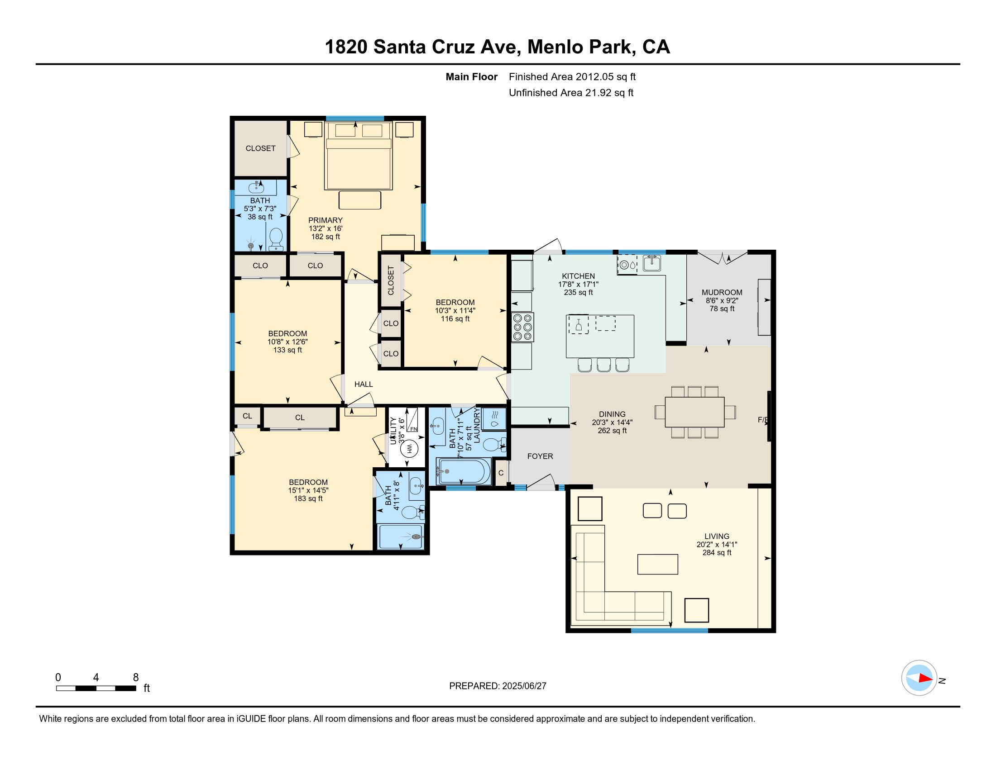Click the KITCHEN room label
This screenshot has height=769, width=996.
click(578, 276)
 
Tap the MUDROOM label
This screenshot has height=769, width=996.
click(722, 293)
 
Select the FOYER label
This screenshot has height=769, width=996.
click(540, 456)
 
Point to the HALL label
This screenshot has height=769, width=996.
click(364, 384)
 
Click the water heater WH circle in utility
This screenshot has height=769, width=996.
click(409, 449)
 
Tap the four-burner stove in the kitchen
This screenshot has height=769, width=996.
click(522, 327)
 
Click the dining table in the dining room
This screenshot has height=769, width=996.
click(694, 412)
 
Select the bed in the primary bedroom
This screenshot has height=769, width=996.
click(359, 156)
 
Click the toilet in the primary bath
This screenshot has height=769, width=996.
click(276, 240)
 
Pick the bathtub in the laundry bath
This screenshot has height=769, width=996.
click(463, 471)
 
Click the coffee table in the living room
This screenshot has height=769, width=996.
click(658, 564)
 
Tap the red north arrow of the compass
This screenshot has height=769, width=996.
click(925, 679)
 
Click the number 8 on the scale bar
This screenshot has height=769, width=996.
click(135, 678)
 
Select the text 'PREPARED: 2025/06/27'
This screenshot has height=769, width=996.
click(498, 686)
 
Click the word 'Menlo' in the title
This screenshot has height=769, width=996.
click(555, 47)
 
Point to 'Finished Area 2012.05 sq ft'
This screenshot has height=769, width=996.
click(572, 76)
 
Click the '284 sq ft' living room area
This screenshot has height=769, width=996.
click(717, 553)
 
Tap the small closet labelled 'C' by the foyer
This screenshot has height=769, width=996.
click(501, 473)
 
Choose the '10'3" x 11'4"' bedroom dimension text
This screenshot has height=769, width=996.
click(455, 311)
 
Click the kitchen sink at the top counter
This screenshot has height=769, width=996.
click(651, 263)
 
